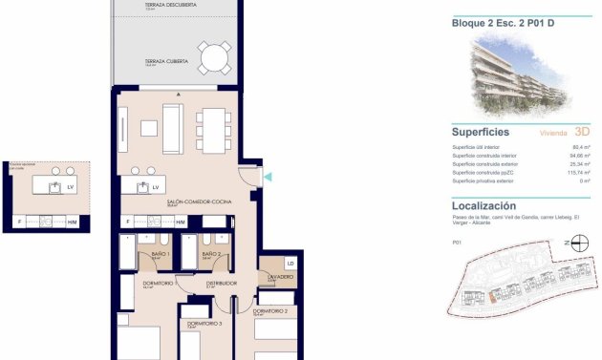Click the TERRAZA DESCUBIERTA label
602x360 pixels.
coord(171,5)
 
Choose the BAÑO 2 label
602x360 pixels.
coord(211,255)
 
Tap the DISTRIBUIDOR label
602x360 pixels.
coord(222,283)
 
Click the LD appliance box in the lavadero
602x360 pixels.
coord(290,263)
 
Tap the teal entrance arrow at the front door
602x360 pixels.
coord(268,176)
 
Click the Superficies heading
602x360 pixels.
coord(480,133)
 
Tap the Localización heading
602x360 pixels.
coord(484,205)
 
